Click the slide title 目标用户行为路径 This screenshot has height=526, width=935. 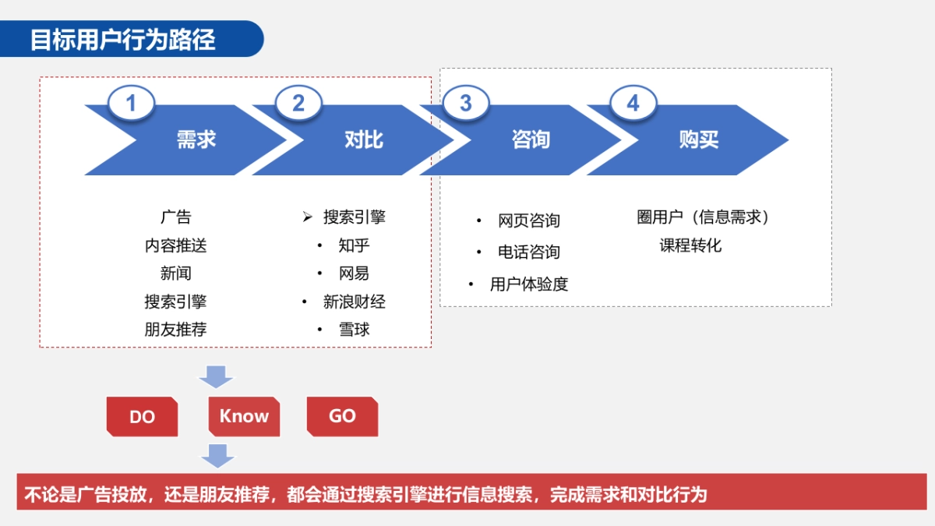(x=122, y=40)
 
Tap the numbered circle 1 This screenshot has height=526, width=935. (x=131, y=104)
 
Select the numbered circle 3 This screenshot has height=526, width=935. (x=466, y=104)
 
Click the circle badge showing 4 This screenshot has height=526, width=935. (x=633, y=104)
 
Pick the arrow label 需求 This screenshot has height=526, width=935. (x=196, y=140)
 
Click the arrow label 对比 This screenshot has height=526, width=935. (x=364, y=140)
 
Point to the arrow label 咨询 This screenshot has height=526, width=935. (x=531, y=140)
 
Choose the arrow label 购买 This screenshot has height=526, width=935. (x=699, y=140)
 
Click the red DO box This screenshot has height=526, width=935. (x=142, y=417)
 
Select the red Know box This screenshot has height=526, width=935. (x=244, y=416)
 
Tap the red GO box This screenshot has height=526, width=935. (x=342, y=416)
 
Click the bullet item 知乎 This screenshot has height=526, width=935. (x=354, y=245)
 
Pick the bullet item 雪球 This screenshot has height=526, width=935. (x=354, y=330)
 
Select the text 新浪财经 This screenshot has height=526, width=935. (x=354, y=302)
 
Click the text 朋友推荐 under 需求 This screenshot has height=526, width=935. (x=175, y=330)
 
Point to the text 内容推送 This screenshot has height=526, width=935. (x=175, y=245)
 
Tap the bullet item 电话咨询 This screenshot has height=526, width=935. (x=529, y=252)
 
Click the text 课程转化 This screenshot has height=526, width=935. (x=690, y=245)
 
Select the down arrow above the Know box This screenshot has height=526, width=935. (x=216, y=376)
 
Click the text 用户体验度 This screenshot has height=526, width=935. (x=529, y=284)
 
